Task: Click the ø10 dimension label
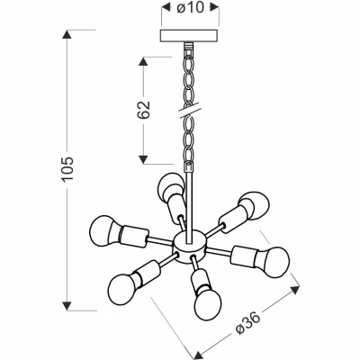click(x=190, y=9)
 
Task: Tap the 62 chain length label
click(x=144, y=110)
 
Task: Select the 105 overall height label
click(x=67, y=168)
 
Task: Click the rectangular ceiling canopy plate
click(x=188, y=36)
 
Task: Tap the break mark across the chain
click(x=190, y=110)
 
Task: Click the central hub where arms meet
click(x=190, y=247)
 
